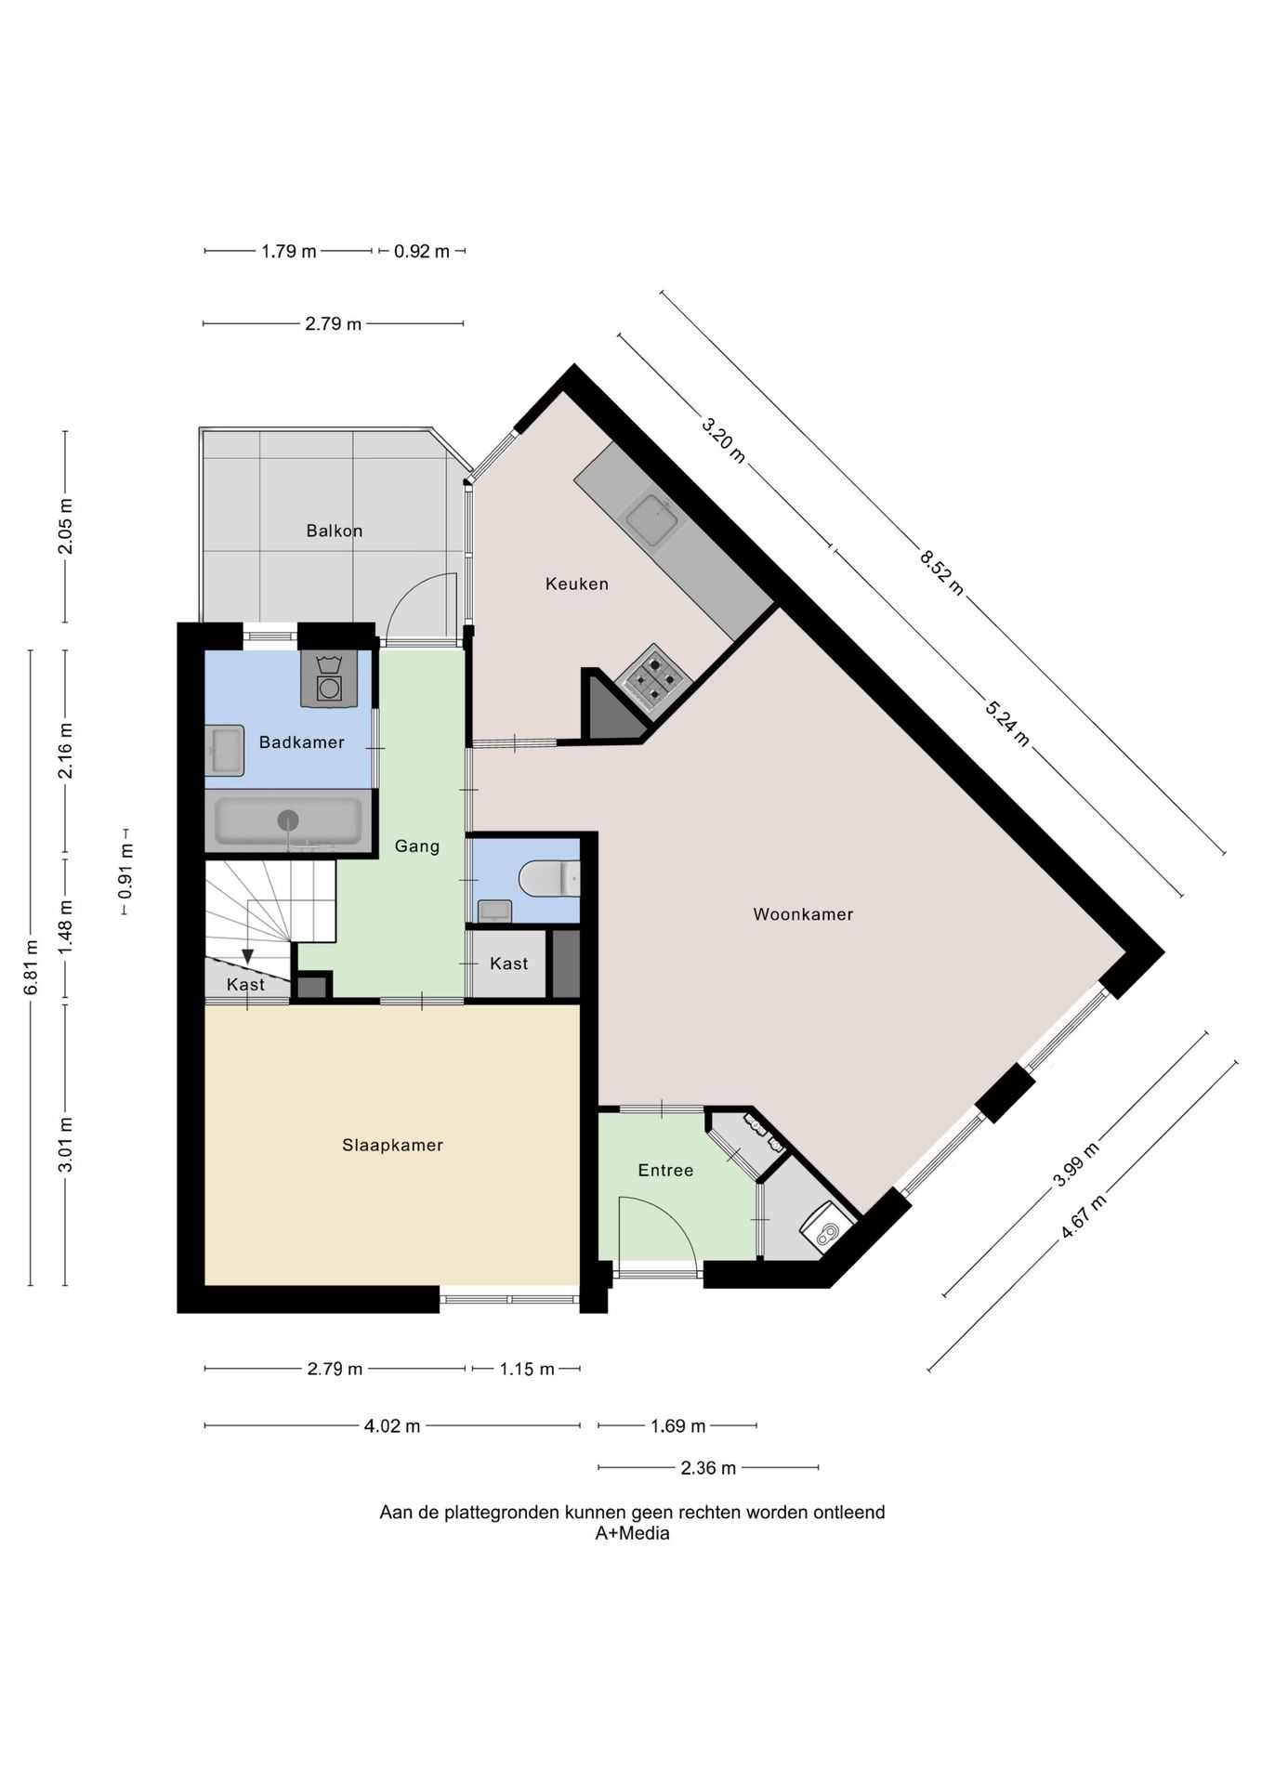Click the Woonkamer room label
[x=803, y=914]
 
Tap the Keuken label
[x=577, y=584]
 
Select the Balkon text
[x=335, y=531]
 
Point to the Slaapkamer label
[x=392, y=1146]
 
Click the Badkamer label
[x=302, y=742]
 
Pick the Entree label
[x=665, y=1171]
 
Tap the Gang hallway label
[x=417, y=846]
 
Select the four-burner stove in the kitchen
[x=653, y=681]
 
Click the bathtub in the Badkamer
[x=288, y=820]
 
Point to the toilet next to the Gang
[x=549, y=878]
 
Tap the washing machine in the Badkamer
[x=329, y=679]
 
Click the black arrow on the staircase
[x=247, y=956]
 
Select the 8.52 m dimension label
[x=941, y=572]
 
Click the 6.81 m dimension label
[x=31, y=967]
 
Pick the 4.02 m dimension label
[x=392, y=1426]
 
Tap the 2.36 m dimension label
[x=708, y=1468]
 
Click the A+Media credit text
[x=632, y=1533]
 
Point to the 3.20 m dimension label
[x=723, y=441]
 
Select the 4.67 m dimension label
[x=1084, y=1216]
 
